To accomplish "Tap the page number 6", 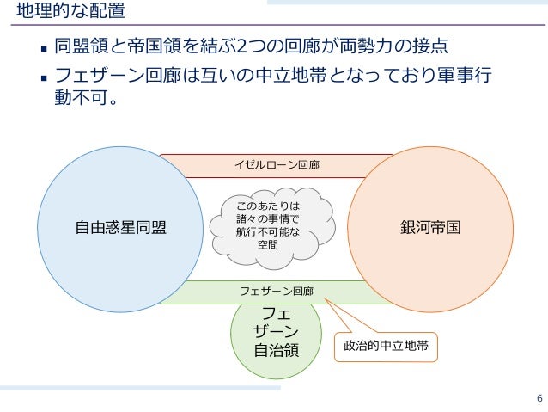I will (539, 397).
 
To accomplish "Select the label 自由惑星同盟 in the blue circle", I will (121, 228).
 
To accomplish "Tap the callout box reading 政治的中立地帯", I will (386, 346).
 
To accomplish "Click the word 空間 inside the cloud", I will (268, 244).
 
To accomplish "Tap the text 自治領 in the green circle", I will (275, 350).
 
